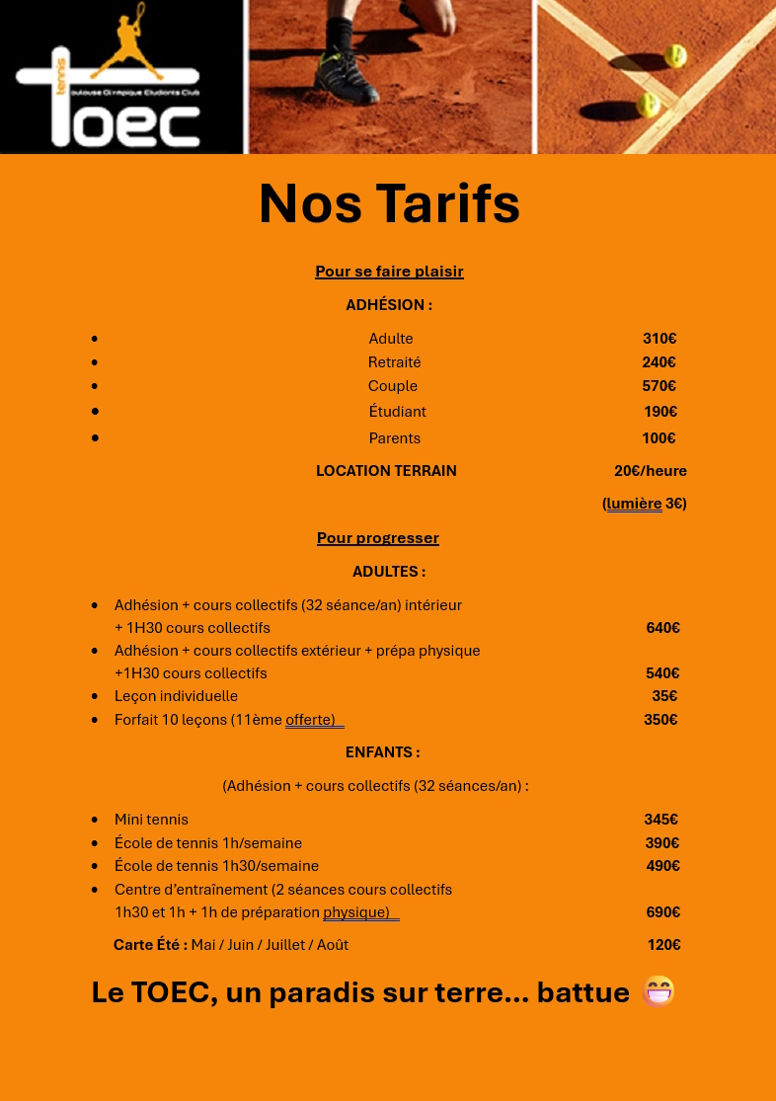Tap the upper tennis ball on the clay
coord(675,55)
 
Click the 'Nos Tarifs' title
coord(389,204)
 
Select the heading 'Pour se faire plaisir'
coord(389,272)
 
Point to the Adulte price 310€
coord(660,339)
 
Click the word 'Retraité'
coord(394,362)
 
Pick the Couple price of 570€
coord(659,386)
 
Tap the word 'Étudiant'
coord(397,412)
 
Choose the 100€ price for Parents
coord(659,438)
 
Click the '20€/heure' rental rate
coord(650,471)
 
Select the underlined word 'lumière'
coord(634,504)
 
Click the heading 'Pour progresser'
coord(377,538)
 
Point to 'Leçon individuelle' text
coord(176,696)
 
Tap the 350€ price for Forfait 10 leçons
coord(660,720)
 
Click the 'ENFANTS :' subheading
coord(382,752)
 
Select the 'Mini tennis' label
coord(151,820)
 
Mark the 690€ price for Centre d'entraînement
coord(662,912)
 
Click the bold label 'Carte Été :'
coord(150,945)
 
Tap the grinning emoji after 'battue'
coord(659,991)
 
